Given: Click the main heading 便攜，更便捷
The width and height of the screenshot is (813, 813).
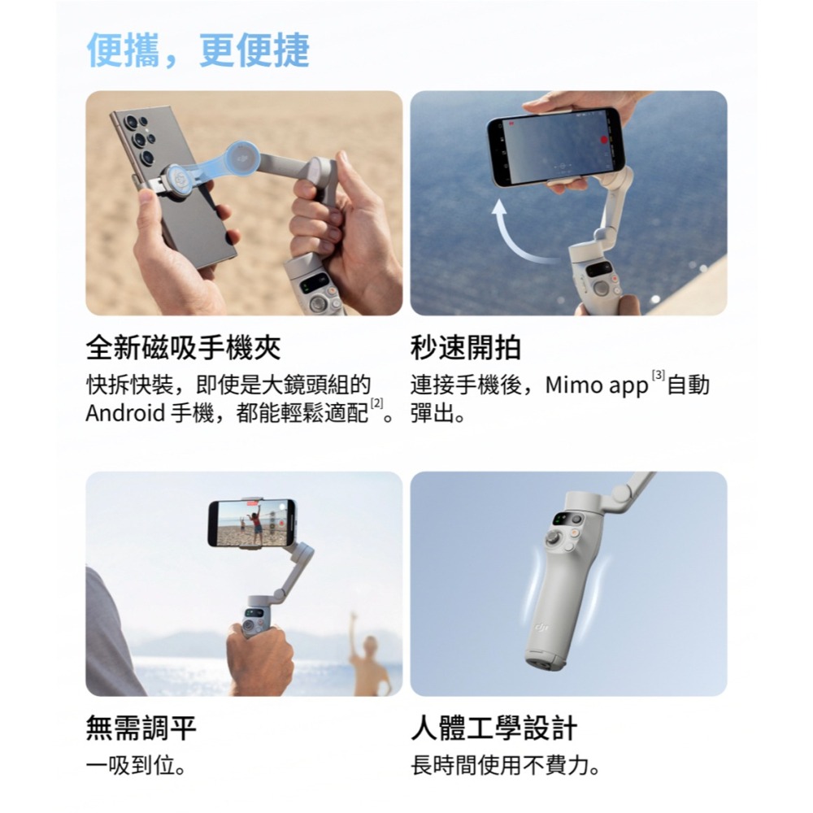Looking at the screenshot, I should [x=198, y=50].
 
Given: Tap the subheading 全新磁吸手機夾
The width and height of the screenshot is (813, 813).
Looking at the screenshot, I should [x=183, y=348].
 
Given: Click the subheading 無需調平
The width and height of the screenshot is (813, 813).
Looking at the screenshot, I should [x=141, y=728].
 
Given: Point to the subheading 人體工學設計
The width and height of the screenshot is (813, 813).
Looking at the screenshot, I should [x=493, y=728].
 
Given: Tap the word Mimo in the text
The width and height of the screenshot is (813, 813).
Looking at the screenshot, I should [x=571, y=385].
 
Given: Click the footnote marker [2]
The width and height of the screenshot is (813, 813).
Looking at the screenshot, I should [x=376, y=405].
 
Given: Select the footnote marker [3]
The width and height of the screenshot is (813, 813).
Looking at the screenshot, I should [x=658, y=376].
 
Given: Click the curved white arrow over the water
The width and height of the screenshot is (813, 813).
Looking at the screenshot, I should [x=520, y=236].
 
